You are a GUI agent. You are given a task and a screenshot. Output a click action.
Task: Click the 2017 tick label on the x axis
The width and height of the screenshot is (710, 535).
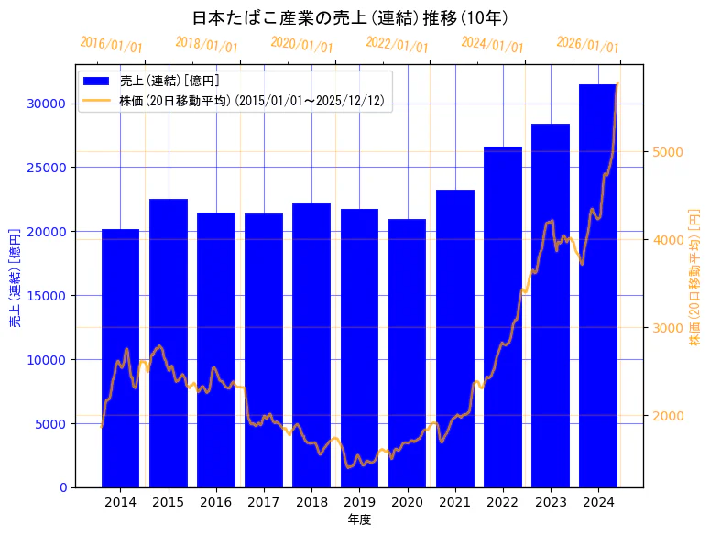click(264, 502)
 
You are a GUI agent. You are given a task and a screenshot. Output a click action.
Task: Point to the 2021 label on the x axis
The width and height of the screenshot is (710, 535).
click(455, 502)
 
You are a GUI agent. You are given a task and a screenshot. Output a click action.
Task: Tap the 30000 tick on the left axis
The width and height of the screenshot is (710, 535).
click(46, 104)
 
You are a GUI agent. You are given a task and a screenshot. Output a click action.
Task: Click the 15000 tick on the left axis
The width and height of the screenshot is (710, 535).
click(46, 296)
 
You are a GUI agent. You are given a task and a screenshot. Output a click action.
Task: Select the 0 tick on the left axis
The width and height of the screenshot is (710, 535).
click(62, 487)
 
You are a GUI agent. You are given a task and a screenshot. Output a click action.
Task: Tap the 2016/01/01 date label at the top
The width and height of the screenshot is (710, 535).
click(112, 45)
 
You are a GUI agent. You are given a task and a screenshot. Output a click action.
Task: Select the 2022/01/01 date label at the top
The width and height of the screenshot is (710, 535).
click(398, 45)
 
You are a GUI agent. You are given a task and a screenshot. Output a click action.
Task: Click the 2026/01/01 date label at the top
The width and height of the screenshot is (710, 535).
click(588, 45)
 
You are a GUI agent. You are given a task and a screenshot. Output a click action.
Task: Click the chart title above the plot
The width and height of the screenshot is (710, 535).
click(351, 18)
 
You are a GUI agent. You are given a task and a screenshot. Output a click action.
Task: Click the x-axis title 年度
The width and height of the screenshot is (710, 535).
click(359, 519)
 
